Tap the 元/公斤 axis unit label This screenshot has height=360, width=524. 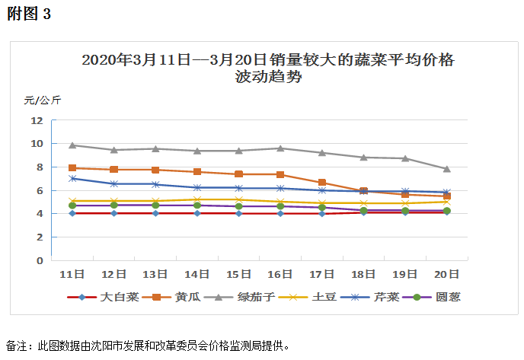click(x=43, y=100)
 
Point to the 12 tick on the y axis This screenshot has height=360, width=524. click(x=37, y=120)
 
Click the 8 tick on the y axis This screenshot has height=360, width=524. click(x=40, y=167)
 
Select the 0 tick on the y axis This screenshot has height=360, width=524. click(x=40, y=260)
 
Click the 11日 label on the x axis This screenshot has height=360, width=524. click(x=72, y=273)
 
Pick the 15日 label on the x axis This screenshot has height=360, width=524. click(x=239, y=273)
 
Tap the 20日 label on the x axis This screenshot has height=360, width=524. click(x=447, y=273)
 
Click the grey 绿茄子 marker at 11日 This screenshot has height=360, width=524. click(x=72, y=145)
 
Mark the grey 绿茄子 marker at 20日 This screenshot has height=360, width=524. click(x=447, y=168)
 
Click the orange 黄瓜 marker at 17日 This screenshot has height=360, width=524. click(x=322, y=183)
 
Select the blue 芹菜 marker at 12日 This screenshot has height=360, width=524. click(x=114, y=183)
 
